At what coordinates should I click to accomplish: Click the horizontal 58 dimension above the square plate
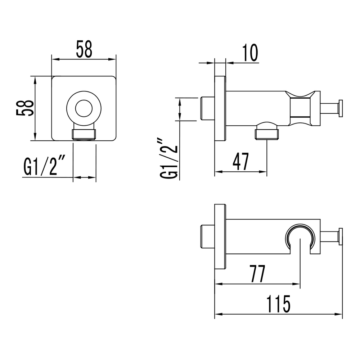pyautogui.click(x=84, y=49)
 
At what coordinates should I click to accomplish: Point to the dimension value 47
pyautogui.click(x=241, y=162)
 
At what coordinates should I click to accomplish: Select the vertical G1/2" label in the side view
pyautogui.click(x=169, y=157)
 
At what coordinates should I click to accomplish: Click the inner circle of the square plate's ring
pyautogui.click(x=84, y=108)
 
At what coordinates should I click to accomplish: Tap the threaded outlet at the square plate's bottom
pyautogui.click(x=85, y=134)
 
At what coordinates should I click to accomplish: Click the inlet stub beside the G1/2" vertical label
pyautogui.click(x=208, y=108)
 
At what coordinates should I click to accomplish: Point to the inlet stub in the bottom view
pyautogui.click(x=208, y=236)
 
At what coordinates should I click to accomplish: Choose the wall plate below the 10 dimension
pyautogui.click(x=220, y=108)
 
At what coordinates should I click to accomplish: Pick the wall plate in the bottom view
pyautogui.click(x=220, y=236)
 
